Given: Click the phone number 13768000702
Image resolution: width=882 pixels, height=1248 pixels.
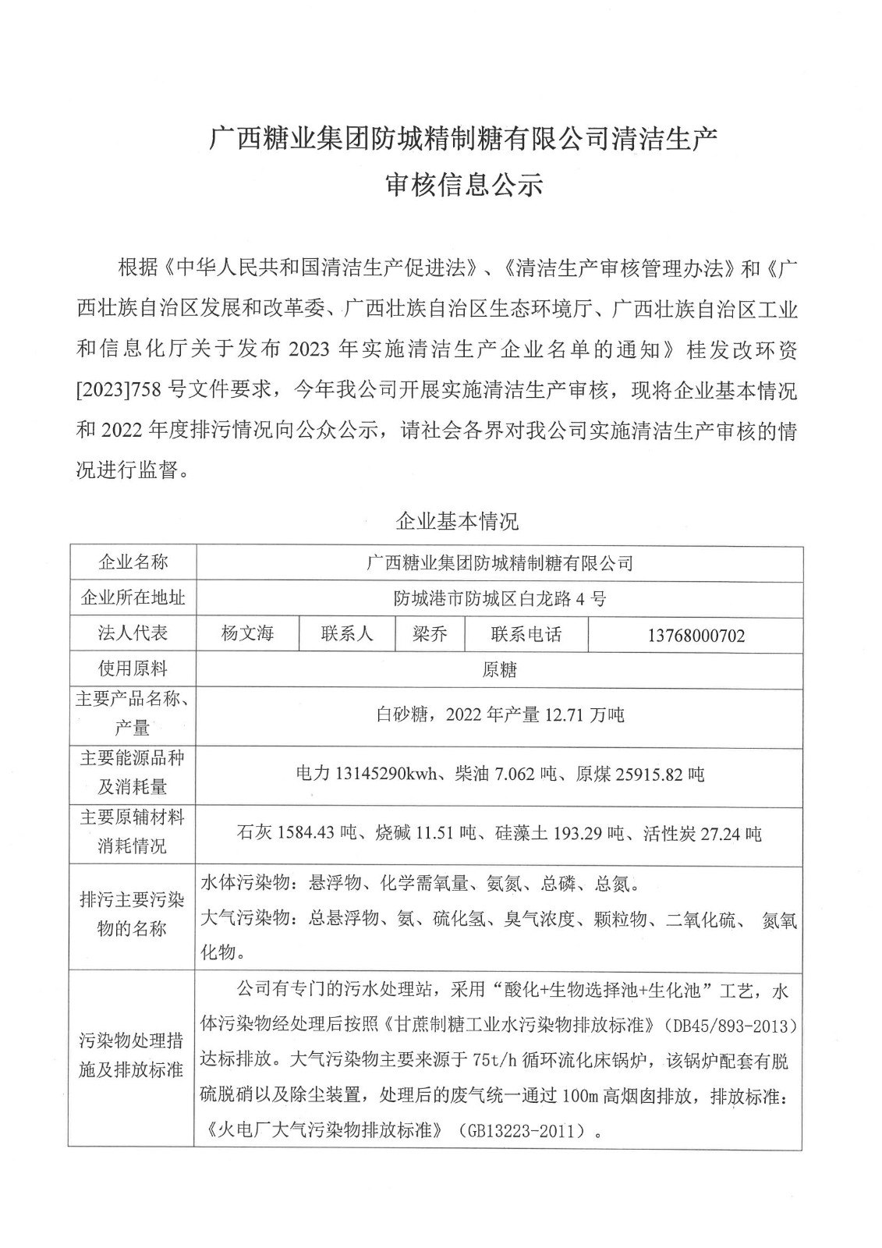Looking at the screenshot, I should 696,636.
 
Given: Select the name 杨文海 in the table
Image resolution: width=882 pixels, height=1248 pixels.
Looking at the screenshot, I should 247,633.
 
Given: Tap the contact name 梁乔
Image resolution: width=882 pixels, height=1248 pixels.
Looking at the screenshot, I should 430,633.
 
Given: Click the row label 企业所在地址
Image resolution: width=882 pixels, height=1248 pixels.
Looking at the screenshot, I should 133,598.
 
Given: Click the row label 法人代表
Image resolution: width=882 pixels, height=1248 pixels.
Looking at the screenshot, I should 133,633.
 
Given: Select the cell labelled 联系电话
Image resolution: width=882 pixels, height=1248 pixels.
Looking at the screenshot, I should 526,634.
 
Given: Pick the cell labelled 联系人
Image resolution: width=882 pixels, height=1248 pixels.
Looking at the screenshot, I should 347,633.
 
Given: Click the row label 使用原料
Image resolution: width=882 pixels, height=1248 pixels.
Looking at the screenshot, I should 133,669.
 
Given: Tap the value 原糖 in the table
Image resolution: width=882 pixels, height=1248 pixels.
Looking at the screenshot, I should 499,670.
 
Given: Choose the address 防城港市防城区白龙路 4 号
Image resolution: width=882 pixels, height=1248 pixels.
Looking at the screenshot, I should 499,599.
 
